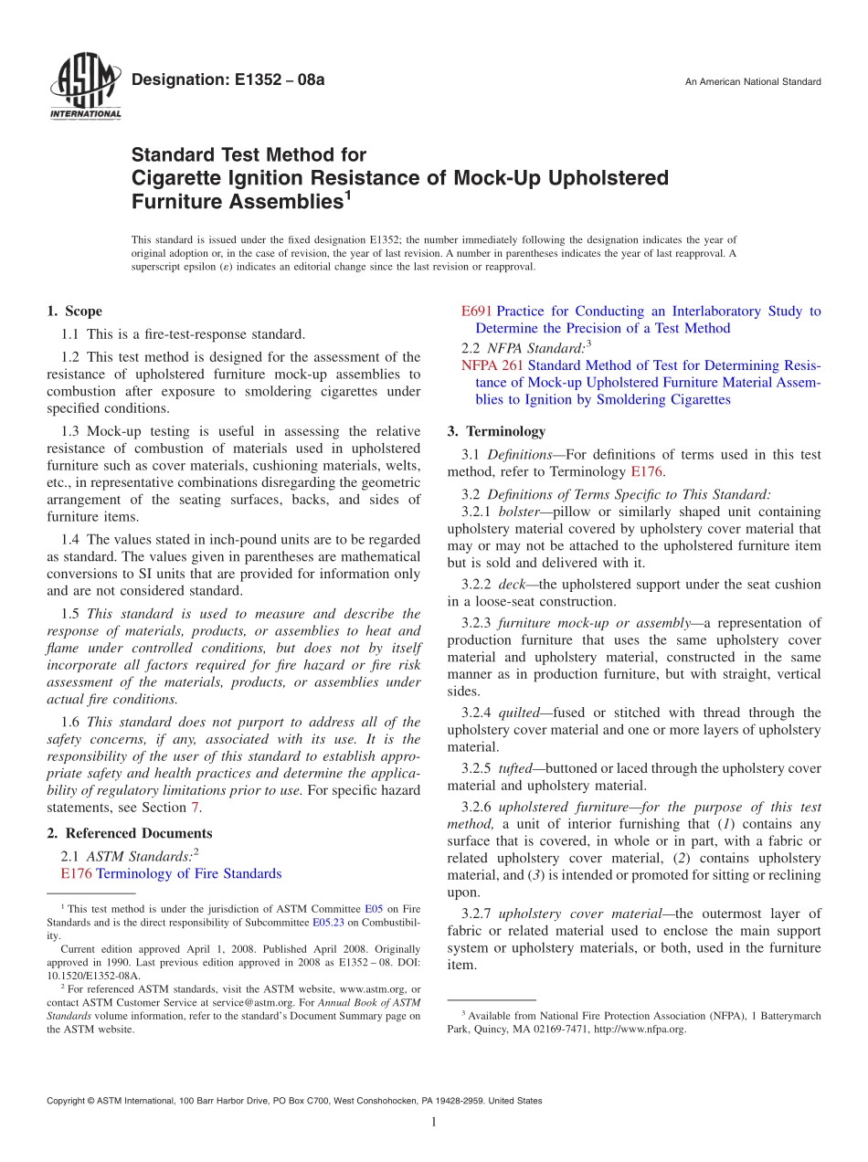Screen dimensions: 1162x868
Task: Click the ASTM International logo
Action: coord(84,88)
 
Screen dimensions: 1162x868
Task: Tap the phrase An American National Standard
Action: coord(753,82)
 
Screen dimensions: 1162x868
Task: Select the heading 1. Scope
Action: coord(75,312)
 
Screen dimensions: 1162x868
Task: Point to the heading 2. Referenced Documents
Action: coord(130,833)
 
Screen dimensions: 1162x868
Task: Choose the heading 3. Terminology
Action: coord(496,431)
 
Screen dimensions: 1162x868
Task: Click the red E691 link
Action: coord(476,312)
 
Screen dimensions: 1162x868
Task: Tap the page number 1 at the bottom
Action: coord(434,1122)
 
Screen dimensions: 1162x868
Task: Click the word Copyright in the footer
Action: coord(67,1101)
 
